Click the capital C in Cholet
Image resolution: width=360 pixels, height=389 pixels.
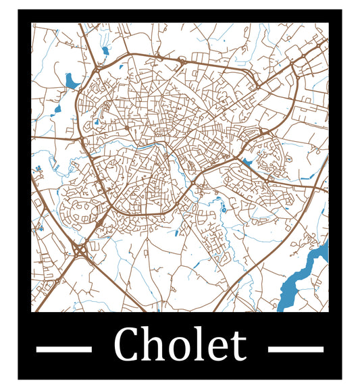(x=126, y=344)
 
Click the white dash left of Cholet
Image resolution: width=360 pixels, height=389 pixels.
(x=63, y=349)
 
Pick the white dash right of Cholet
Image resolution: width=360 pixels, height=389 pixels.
(x=296, y=349)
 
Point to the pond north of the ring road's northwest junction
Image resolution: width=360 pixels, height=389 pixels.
(x=105, y=50)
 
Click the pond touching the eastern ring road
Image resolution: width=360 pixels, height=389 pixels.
(x=247, y=162)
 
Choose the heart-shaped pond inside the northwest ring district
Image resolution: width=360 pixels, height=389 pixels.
(x=96, y=122)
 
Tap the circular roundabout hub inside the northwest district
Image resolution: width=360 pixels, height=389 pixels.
(x=126, y=126)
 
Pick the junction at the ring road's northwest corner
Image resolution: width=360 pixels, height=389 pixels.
(x=97, y=69)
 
